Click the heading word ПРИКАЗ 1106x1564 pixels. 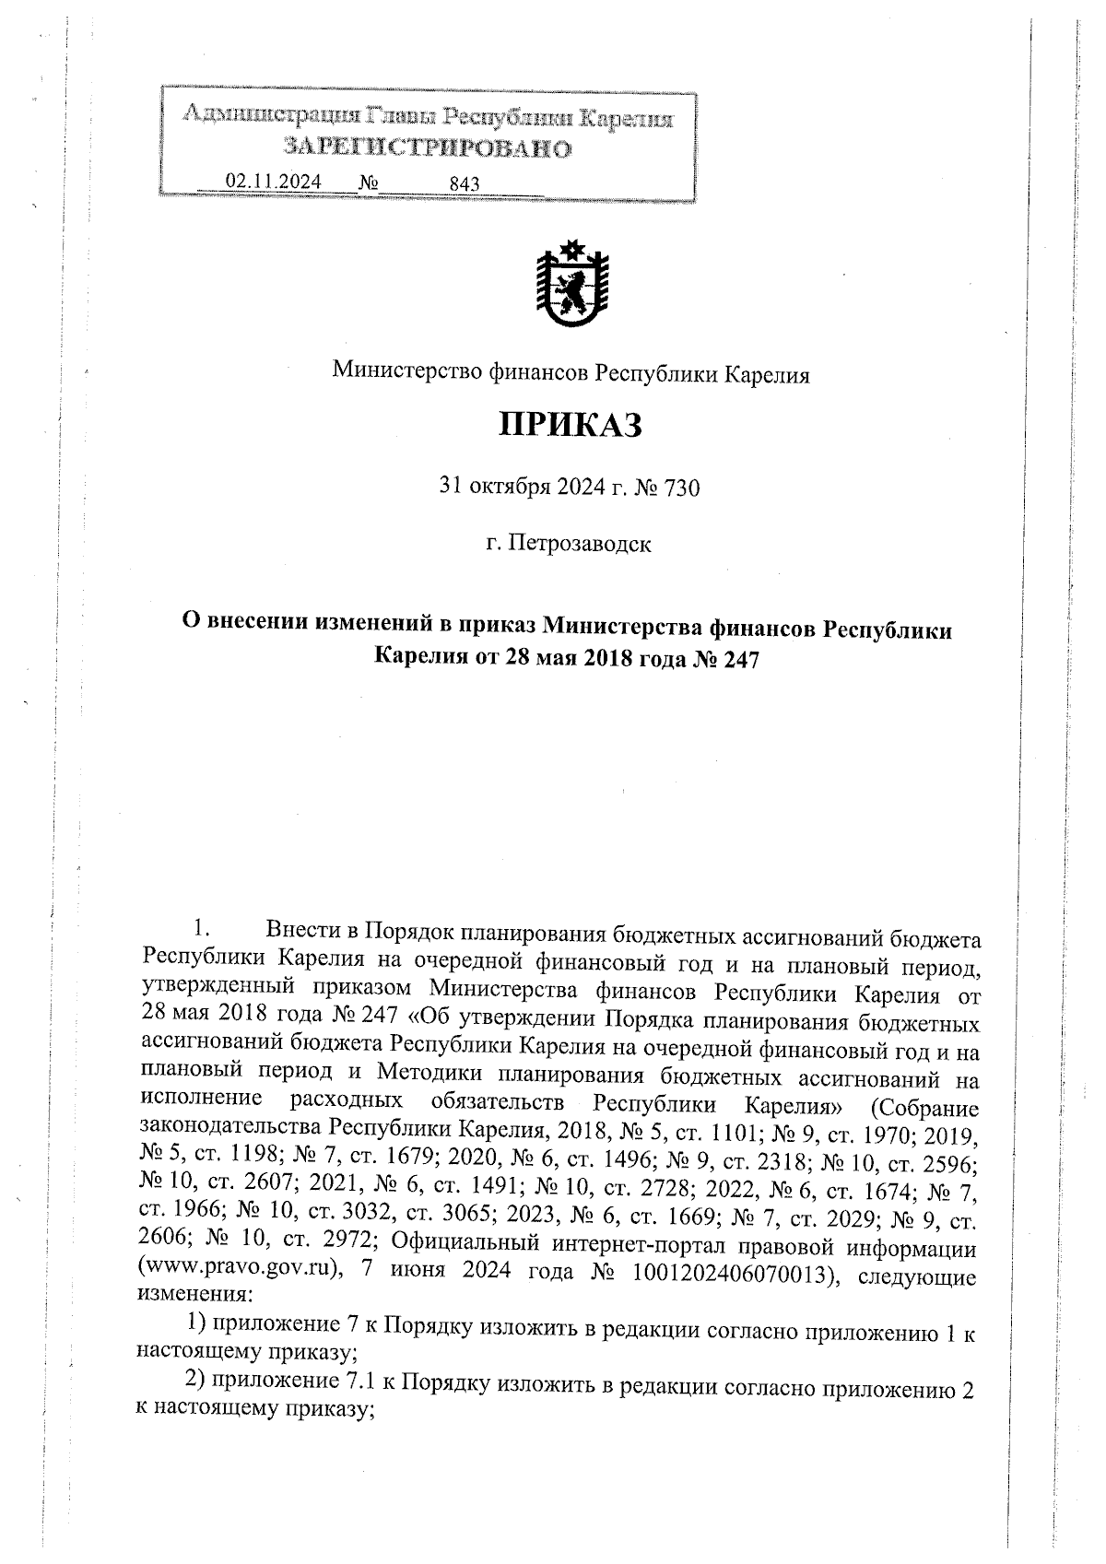click(x=570, y=426)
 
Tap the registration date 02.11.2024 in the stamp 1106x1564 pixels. click(x=274, y=182)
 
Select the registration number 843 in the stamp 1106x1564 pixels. click(x=465, y=183)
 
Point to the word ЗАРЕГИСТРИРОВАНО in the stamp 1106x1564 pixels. click(x=427, y=147)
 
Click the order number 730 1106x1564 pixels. click(x=681, y=488)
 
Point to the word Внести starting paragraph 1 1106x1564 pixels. click(x=311, y=930)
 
